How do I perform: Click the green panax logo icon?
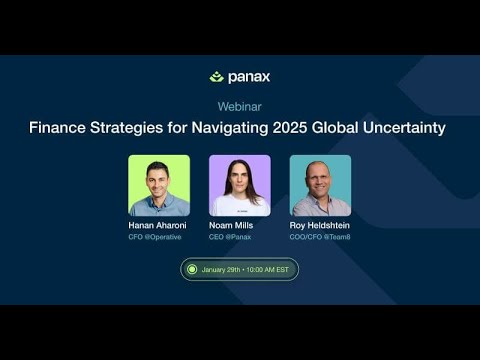tap(217, 77)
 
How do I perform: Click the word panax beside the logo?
tap(248, 77)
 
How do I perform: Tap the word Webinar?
tap(239, 106)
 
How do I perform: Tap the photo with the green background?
tap(159, 186)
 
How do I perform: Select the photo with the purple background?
tap(239, 186)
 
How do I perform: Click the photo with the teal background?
tap(320, 186)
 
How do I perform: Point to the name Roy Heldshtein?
tap(320, 226)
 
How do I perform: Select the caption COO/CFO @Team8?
tap(320, 238)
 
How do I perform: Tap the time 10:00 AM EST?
tap(267, 270)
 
